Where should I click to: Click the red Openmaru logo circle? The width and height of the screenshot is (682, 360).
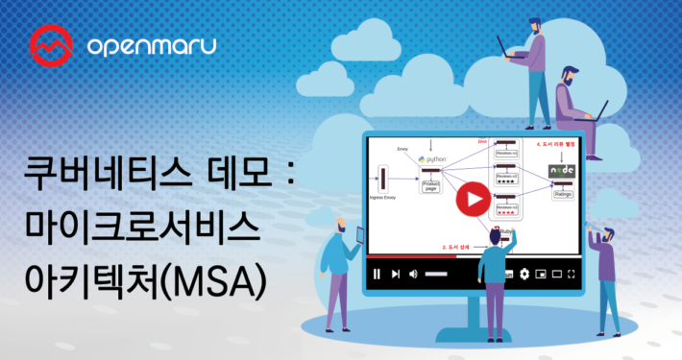pos(49,44)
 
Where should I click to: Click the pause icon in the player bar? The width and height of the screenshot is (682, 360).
pos(377,274)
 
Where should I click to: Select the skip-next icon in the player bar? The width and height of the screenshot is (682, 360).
pos(395,274)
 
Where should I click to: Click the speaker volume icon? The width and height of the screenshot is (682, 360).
pos(413,274)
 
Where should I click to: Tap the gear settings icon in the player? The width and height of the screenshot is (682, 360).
pos(524,274)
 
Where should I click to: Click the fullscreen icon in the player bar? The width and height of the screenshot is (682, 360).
pos(572,274)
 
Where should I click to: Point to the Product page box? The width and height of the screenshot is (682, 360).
pos(429,185)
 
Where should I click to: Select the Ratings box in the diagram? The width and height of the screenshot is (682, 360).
pos(564,191)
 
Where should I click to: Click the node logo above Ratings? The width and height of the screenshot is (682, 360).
pos(562,170)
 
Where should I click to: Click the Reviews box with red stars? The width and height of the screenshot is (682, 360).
pos(507,229)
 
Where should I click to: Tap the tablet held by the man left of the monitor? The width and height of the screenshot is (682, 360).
pos(361,233)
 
